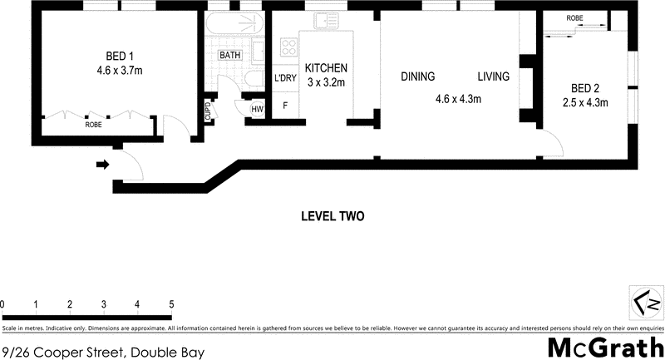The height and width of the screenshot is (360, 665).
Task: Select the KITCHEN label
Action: (x=326, y=68)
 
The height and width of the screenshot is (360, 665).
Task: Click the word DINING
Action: (x=418, y=77)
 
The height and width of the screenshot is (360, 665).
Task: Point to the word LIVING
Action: (x=493, y=77)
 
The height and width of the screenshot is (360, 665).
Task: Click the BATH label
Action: (x=229, y=55)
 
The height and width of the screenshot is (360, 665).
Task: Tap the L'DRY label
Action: (x=285, y=79)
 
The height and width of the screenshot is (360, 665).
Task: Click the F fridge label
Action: (x=285, y=106)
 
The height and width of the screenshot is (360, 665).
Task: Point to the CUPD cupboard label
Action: (x=208, y=111)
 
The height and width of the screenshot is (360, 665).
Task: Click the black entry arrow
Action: (x=103, y=165)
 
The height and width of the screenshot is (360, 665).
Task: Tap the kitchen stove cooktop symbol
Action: (x=288, y=47)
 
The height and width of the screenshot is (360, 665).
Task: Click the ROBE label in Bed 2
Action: (x=574, y=18)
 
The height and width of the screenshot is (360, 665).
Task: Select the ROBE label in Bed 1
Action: (x=94, y=126)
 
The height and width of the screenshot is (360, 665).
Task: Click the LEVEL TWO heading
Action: (x=332, y=217)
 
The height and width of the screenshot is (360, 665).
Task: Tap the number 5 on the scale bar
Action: (x=170, y=303)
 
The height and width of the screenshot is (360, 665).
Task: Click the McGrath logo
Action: (x=605, y=346)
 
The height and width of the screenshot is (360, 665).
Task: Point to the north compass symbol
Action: (x=647, y=301)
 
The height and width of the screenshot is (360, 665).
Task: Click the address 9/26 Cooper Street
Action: (x=104, y=352)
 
